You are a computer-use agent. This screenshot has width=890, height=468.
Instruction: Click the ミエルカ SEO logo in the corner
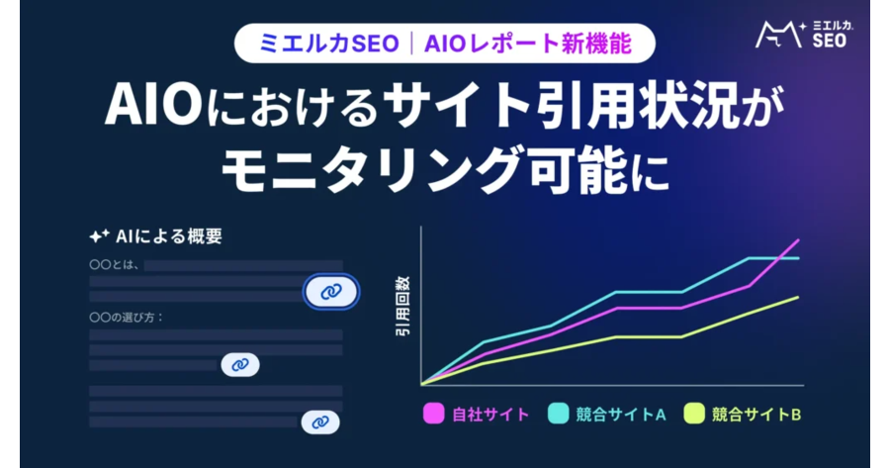point(804,35)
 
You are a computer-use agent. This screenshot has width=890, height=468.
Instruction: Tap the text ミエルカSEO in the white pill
point(328,44)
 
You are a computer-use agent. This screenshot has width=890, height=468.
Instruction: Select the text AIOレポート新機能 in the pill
point(528,44)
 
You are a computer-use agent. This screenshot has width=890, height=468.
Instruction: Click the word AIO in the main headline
point(153,106)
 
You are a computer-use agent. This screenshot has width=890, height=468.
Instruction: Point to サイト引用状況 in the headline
point(562,106)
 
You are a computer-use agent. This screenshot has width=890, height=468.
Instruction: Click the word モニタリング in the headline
point(372,170)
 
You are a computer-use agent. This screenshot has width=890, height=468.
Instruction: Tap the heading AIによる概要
point(168,236)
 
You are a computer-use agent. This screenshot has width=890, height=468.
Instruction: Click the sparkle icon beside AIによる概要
point(99,235)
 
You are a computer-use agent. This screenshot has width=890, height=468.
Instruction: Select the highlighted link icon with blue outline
point(331,292)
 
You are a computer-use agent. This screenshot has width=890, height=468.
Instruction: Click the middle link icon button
point(240,365)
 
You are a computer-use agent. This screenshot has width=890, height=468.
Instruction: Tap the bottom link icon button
point(320,422)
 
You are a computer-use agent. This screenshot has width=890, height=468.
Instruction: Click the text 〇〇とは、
point(114,264)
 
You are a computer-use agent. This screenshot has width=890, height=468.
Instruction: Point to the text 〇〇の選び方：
point(127,318)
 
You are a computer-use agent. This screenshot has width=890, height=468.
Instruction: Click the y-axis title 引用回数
point(402,306)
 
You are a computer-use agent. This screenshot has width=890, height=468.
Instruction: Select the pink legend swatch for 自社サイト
point(434,414)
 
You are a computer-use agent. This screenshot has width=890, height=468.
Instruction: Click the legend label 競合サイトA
point(620,415)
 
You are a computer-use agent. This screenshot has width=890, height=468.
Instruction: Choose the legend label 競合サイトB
point(756,415)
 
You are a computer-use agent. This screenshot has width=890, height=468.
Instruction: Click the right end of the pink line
point(799,240)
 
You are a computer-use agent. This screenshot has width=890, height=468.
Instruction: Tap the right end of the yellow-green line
point(799,297)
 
